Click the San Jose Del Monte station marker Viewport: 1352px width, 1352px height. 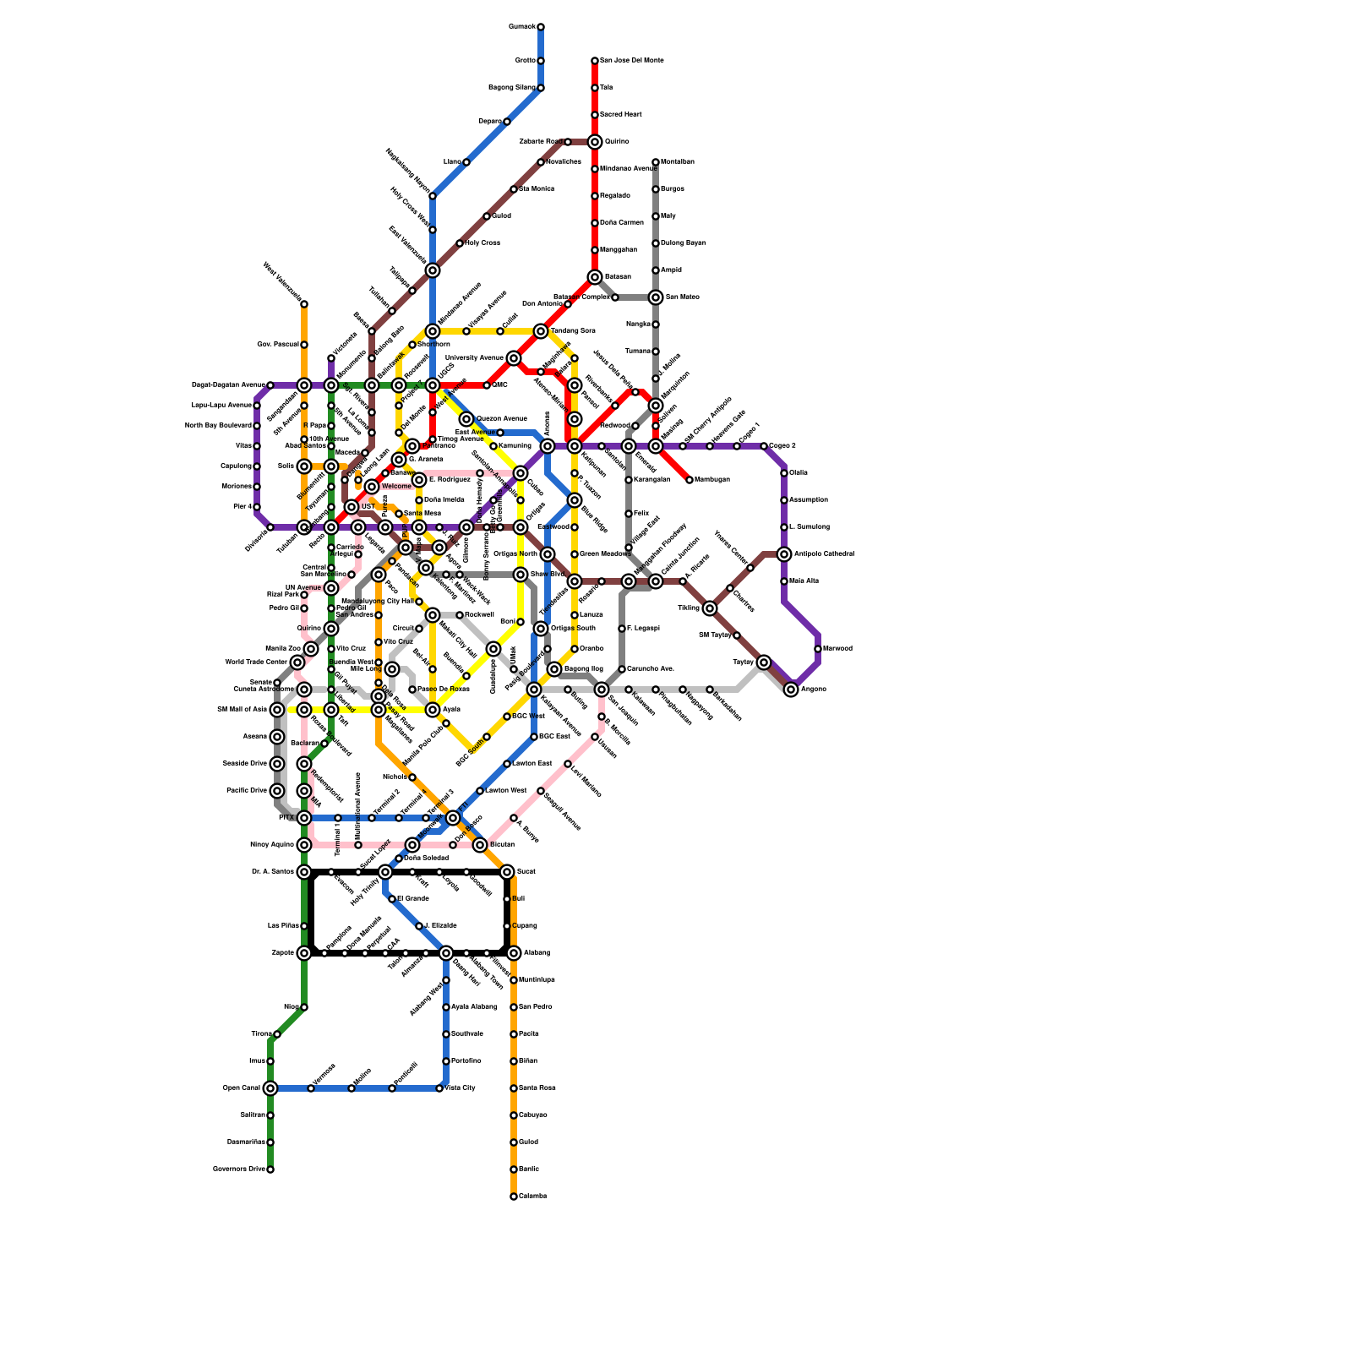[595, 61]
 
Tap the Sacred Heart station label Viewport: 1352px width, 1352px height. [621, 115]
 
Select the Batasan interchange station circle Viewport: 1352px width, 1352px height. [595, 277]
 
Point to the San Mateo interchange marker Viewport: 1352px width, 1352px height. [656, 297]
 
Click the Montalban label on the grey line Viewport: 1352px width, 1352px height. [678, 162]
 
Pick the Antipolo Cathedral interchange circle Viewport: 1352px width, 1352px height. [784, 554]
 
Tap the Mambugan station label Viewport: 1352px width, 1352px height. [712, 480]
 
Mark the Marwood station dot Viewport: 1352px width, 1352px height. [818, 649]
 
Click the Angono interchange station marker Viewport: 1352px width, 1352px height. [791, 690]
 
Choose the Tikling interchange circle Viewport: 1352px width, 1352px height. [710, 608]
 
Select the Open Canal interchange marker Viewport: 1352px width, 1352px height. [270, 1088]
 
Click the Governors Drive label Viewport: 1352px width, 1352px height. [239, 1169]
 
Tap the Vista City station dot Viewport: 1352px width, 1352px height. [439, 1088]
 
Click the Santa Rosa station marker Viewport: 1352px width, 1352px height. [514, 1088]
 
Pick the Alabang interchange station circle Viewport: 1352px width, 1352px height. [514, 953]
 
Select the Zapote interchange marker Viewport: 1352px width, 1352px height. [304, 953]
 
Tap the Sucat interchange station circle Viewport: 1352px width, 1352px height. [507, 872]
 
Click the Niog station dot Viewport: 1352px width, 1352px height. [304, 1007]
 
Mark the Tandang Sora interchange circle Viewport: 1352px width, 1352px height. [541, 331]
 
